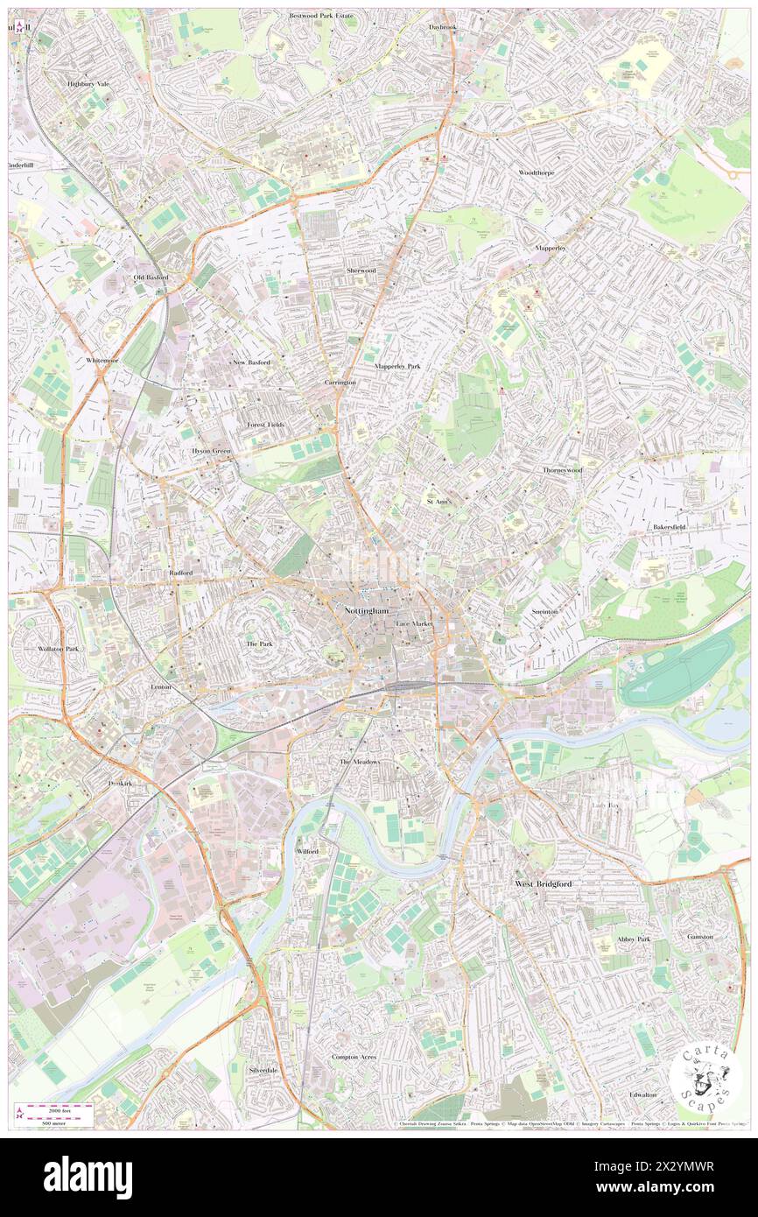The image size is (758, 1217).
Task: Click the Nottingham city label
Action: pos(366,609)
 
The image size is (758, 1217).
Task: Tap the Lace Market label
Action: pos(414,623)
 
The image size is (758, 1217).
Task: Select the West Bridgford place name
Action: pos(543,884)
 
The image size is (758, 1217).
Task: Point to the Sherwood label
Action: pos(361,271)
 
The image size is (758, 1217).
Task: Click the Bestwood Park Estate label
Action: pos(321,16)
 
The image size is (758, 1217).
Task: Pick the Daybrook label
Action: pos(443,27)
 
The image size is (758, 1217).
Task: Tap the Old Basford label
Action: pos(151,278)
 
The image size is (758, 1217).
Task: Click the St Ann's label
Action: pos(439,502)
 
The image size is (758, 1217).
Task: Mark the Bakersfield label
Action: pos(671,527)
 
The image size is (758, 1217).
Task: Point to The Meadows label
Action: pos(360,762)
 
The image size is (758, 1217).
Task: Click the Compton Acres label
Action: pos(354,1057)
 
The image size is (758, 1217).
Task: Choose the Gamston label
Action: pos(700,936)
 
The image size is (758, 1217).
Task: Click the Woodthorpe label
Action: pos(536,172)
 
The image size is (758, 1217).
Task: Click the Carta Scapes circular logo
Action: pos(705,1079)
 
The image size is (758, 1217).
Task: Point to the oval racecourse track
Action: pos(677,670)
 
